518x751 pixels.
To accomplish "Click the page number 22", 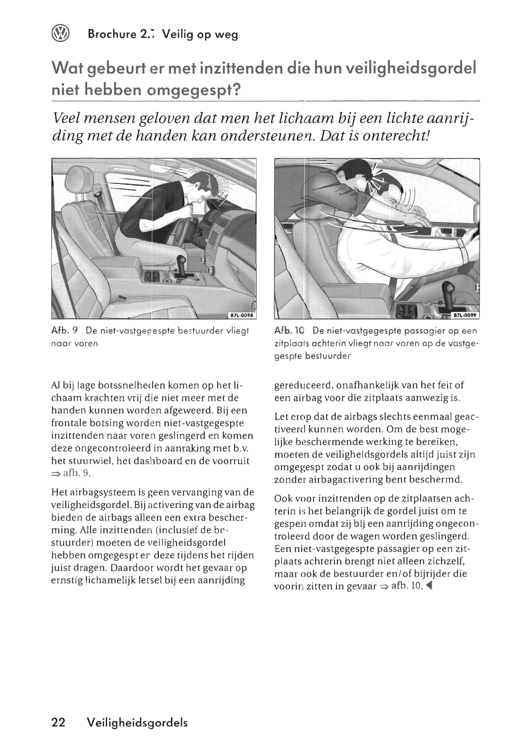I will coord(59,722).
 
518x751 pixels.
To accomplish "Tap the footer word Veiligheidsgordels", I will coord(137,723).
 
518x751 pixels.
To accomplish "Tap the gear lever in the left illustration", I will coord(181,264).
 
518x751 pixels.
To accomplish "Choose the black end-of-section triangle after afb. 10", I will coord(429,586).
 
